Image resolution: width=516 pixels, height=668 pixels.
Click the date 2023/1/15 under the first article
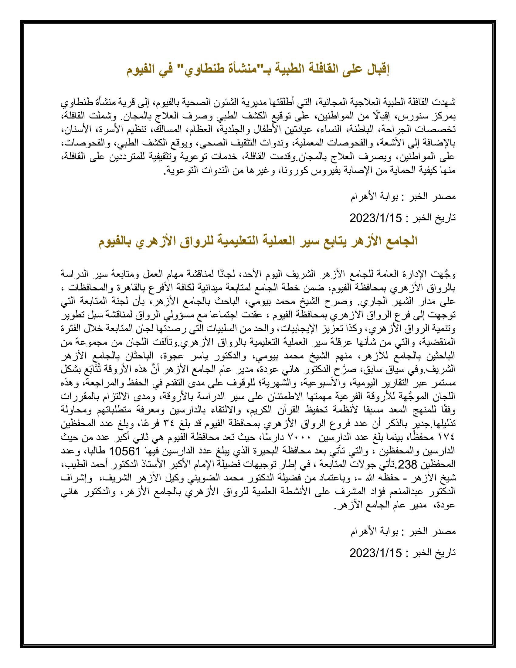tap(376, 218)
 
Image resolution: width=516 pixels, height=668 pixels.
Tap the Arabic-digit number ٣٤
tap(171, 424)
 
